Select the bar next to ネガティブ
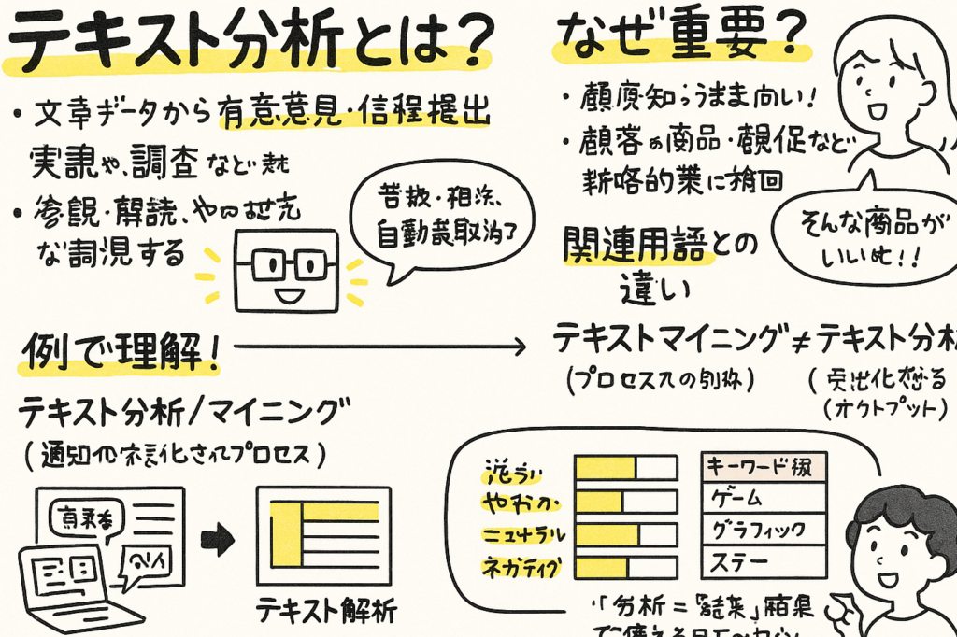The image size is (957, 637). click(625, 566)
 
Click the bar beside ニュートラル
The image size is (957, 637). click(625, 534)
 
